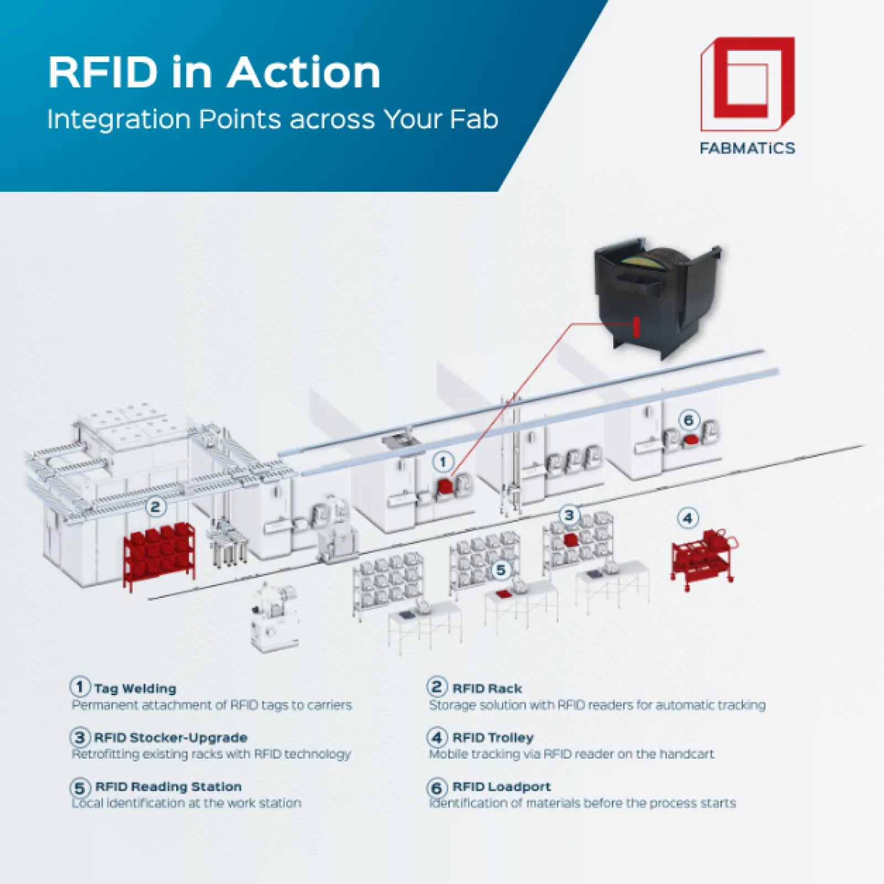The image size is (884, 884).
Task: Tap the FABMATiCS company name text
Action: click(747, 148)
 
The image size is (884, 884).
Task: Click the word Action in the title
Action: click(304, 72)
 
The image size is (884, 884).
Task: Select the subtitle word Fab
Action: click(474, 119)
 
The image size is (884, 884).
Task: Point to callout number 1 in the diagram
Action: click(443, 461)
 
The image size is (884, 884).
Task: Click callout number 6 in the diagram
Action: click(688, 420)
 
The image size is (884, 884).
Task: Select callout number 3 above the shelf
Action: click(569, 515)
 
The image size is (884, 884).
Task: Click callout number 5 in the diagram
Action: click(501, 570)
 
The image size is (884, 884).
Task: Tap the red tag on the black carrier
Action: click(636, 327)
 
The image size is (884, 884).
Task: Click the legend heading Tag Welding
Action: click(135, 688)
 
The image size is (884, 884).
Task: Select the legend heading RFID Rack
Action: click(487, 688)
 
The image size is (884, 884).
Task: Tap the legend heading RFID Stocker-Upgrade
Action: click(170, 738)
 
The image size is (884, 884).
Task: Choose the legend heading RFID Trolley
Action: click(493, 738)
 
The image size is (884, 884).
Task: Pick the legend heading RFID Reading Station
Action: click(168, 786)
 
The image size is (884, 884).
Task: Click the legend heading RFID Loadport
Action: click(501, 786)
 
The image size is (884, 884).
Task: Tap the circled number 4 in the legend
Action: click(436, 737)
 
